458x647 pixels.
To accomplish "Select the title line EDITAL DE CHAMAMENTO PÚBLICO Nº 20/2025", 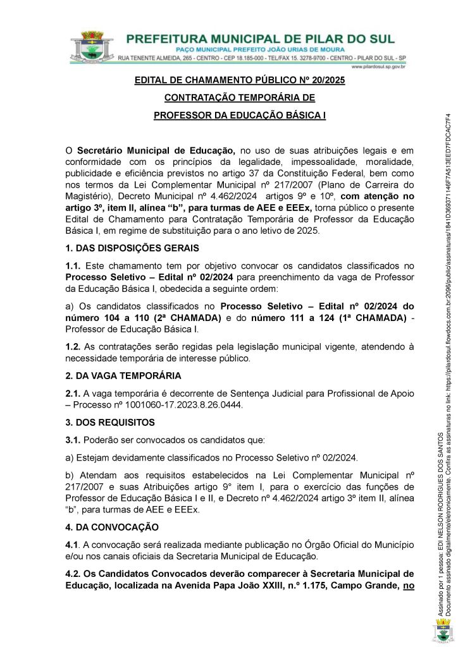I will coord(239,81).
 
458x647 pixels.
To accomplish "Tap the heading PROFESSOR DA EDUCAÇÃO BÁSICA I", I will coord(239,116).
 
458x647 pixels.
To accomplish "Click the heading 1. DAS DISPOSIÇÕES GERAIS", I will coord(132,248).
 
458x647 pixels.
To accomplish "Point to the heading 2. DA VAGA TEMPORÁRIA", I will coord(123,375).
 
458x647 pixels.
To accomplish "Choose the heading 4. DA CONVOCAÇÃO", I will coord(113,526).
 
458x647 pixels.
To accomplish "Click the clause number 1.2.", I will coord(73,346).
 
